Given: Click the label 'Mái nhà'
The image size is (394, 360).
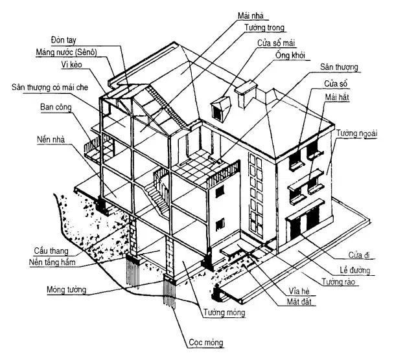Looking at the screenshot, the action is pyautogui.click(x=251, y=16).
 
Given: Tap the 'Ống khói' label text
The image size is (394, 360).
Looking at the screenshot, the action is pyautogui.click(x=290, y=55).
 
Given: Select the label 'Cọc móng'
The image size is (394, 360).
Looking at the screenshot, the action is pyautogui.click(x=206, y=343).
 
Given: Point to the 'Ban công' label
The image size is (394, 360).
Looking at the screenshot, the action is pyautogui.click(x=56, y=107).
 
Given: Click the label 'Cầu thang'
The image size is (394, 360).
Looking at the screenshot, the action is pyautogui.click(x=51, y=251).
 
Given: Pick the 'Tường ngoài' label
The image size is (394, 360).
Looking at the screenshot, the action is pyautogui.click(x=357, y=133).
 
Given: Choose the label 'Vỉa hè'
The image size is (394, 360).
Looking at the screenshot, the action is pyautogui.click(x=299, y=291).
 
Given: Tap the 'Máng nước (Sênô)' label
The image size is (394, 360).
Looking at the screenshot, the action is pyautogui.click(x=66, y=52).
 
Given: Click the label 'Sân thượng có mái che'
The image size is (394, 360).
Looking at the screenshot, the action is pyautogui.click(x=50, y=87).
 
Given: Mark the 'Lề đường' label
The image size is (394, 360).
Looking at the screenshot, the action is pyautogui.click(x=355, y=271).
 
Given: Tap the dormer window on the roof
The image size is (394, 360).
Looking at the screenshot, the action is pyautogui.click(x=221, y=107).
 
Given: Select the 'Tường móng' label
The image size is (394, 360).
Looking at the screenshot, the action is pyautogui.click(x=224, y=313).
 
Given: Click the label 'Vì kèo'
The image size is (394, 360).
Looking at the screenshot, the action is pyautogui.click(x=72, y=65).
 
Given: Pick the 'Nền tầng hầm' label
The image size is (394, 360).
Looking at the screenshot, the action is pyautogui.click(x=52, y=262).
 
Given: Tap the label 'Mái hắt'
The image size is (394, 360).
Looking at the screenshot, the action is pyautogui.click(x=337, y=97).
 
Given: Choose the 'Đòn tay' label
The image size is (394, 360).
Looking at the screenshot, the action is pyautogui.click(x=64, y=40).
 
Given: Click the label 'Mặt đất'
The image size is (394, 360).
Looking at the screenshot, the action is pyautogui.click(x=299, y=302).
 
